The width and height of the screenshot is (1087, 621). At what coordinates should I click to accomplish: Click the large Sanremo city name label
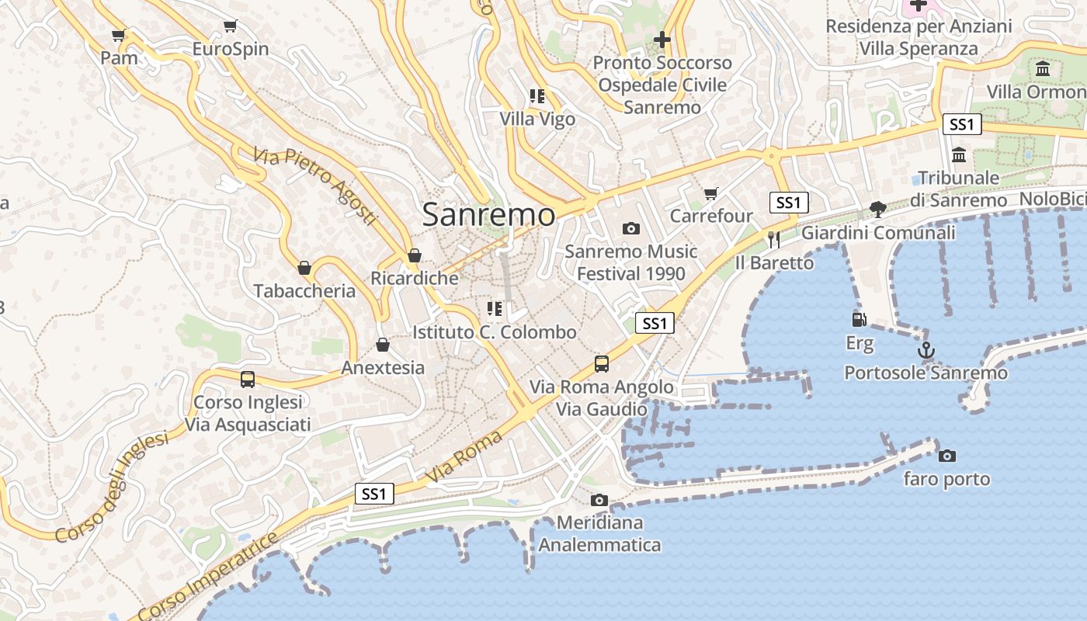[488, 215]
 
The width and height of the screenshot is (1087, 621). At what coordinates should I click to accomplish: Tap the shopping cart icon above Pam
[118, 35]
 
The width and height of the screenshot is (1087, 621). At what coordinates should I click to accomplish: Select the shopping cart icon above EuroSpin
[230, 26]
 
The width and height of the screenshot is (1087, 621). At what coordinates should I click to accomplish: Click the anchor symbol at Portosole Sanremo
[926, 350]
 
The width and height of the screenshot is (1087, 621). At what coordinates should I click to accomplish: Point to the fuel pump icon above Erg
[859, 320]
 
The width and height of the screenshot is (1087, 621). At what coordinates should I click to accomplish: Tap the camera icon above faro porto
[946, 456]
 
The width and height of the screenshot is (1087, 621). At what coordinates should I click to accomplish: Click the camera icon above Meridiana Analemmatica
[599, 501]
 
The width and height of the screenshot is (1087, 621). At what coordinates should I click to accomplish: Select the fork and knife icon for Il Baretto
[773, 240]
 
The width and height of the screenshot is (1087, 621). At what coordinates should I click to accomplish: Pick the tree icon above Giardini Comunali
[877, 209]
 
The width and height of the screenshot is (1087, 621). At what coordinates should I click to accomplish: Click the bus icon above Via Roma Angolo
[601, 363]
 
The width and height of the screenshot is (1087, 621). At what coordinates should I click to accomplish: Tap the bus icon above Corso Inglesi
[247, 379]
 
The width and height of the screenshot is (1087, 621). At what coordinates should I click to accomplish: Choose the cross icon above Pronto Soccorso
[662, 39]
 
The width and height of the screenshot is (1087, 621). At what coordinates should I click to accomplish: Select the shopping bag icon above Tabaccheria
[304, 268]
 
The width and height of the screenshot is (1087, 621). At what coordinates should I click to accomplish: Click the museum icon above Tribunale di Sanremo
[958, 154]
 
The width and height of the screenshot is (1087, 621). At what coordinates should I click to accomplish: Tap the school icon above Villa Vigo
[537, 96]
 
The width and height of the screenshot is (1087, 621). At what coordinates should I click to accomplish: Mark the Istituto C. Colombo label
[495, 332]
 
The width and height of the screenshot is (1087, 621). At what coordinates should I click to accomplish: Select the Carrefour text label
[711, 216]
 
